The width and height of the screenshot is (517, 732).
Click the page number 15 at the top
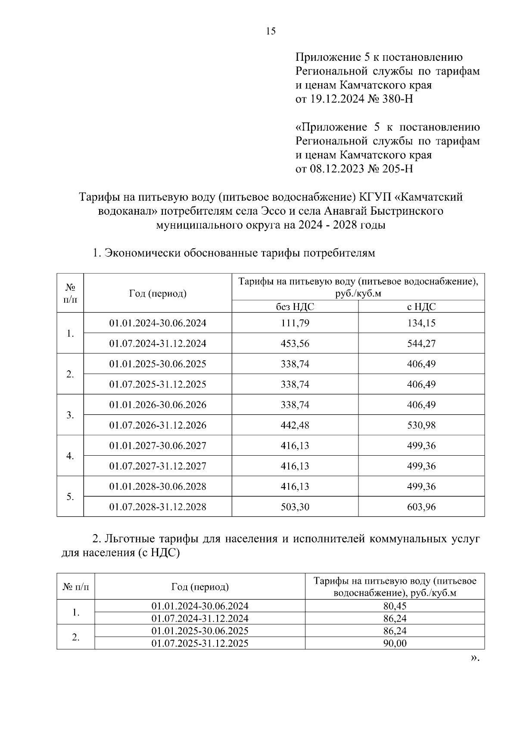pos(271,31)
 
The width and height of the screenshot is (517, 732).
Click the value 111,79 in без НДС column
pos(295,323)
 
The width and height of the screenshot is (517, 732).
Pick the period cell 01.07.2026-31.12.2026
pos(158,425)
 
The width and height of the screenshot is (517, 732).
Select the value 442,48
pos(295,425)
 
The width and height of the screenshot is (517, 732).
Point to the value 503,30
pos(295,507)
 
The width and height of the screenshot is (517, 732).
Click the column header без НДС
pos(295,307)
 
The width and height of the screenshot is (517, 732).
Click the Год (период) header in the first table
pos(158,294)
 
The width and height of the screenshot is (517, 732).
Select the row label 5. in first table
pos(70,497)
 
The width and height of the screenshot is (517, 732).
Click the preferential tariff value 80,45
pos(395,606)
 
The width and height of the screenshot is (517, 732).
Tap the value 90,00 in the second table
pos(395,644)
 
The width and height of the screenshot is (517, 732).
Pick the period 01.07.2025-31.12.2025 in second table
pos(200,644)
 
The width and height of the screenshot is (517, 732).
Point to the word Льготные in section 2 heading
pos(130,539)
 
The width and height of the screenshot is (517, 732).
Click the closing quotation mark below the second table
pos(474,658)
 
